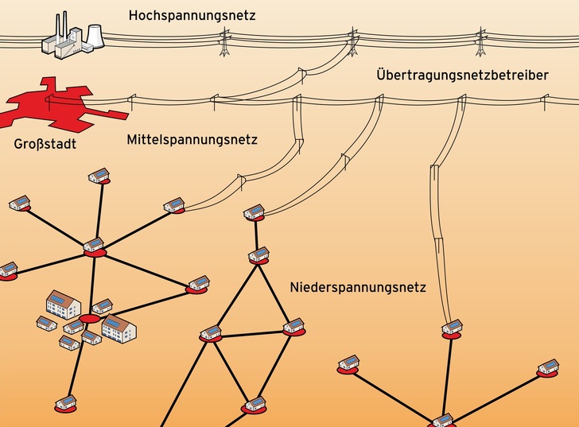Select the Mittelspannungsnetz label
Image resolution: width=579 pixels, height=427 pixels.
(192, 141)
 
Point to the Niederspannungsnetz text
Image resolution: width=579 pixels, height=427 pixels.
(358, 287)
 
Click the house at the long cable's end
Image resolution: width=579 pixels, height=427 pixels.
(452, 327)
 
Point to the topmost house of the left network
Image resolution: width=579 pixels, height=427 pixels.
(99, 175)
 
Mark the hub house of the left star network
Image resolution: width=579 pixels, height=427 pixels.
(94, 246)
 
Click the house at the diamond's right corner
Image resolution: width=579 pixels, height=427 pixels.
(293, 325)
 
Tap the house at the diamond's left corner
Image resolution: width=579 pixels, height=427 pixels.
(211, 332)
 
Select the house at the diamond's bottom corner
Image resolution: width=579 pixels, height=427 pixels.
(255, 404)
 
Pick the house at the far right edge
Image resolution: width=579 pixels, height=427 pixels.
(548, 367)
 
